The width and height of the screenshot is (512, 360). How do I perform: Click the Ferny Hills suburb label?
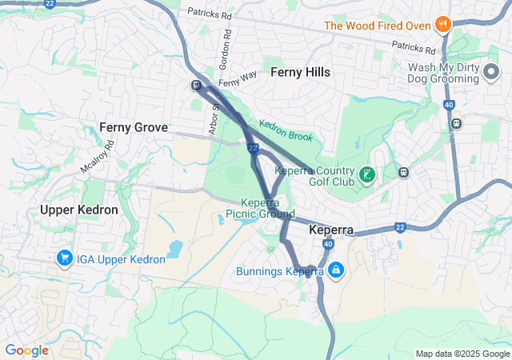coord(300,72)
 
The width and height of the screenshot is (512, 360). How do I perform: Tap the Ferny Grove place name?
coord(133,127)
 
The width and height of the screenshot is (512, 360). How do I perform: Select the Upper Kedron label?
coord(78,210)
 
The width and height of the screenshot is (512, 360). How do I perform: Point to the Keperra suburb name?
coord(331,230)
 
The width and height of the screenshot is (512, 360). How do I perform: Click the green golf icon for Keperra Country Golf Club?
coord(366,174)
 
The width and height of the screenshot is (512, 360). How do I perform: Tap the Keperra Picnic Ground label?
coord(260,208)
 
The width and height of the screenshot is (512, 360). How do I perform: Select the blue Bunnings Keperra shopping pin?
coord(335,270)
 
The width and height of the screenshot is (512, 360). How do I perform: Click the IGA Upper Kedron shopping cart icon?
coord(63,258)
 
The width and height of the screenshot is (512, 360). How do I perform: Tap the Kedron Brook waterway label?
coord(285,132)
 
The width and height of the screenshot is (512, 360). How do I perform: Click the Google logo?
coord(26,350)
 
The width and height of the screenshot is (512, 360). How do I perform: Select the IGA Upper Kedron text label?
coord(122,258)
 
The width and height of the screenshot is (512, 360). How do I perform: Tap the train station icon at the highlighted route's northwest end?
coord(196,86)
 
